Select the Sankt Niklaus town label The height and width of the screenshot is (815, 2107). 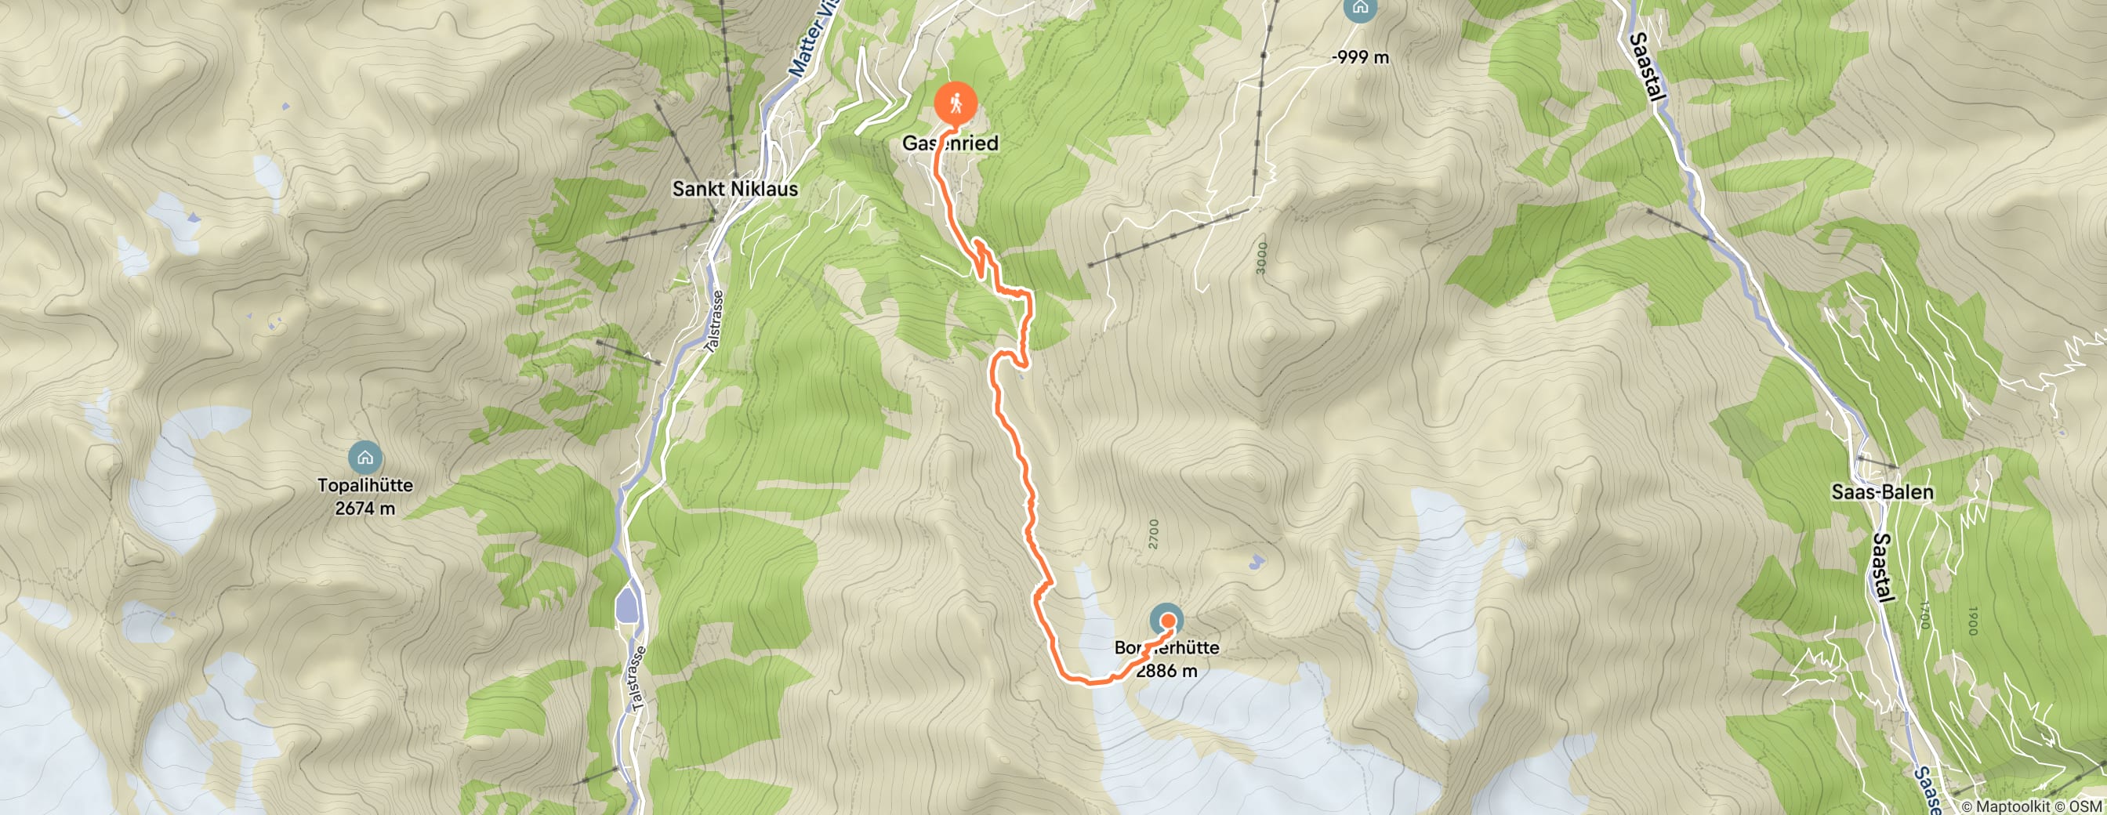click(x=734, y=189)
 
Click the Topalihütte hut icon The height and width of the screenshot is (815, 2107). click(x=364, y=458)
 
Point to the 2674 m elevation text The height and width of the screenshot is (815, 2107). click(x=364, y=509)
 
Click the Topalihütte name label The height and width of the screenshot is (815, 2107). click(x=364, y=486)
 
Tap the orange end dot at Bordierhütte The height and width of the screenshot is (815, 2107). click(x=1167, y=621)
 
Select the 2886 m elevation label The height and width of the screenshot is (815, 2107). click(x=1166, y=671)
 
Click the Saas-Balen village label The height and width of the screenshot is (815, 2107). click(x=1882, y=492)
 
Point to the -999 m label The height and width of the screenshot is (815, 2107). click(x=1360, y=57)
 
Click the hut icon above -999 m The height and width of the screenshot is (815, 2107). click(x=1360, y=8)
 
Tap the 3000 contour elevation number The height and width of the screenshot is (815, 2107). click(x=1261, y=258)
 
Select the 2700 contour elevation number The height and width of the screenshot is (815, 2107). click(x=1153, y=533)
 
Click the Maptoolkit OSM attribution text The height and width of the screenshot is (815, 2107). click(x=2033, y=807)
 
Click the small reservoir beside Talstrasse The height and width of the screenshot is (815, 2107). click(x=626, y=606)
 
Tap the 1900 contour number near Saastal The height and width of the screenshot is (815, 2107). click(x=1971, y=621)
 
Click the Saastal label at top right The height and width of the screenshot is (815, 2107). click(x=1647, y=67)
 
